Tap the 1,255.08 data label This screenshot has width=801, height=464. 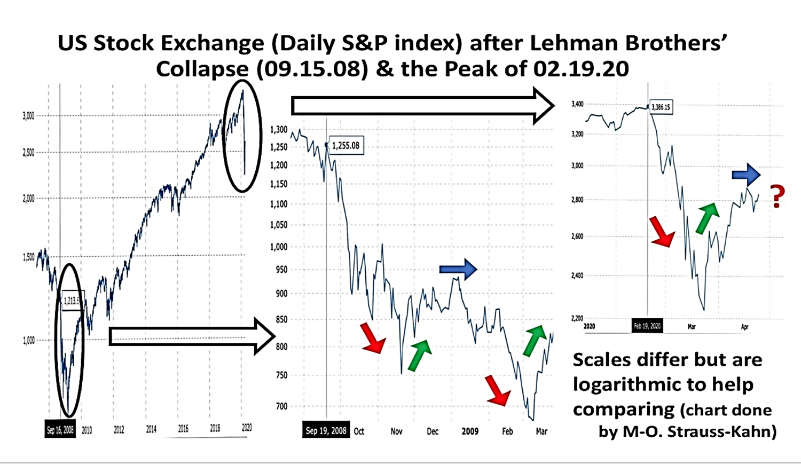click(x=345, y=145)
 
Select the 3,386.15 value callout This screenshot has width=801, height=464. click(x=661, y=107)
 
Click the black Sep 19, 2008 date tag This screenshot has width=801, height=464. click(x=326, y=430)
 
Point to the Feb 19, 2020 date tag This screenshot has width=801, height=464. click(x=647, y=326)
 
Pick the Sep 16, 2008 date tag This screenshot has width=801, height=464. click(x=60, y=429)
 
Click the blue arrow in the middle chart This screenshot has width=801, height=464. click(x=458, y=269)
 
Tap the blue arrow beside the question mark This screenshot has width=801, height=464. click(x=746, y=174)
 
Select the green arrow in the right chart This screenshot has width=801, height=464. click(x=707, y=218)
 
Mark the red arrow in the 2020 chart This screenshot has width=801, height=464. click(x=662, y=232)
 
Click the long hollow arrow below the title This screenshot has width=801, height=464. click(x=422, y=106)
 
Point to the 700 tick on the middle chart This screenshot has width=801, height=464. click(x=281, y=406)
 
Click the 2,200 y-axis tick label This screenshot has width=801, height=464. click(x=577, y=318)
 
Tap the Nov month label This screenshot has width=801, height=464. click(x=396, y=431)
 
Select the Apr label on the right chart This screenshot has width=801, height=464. click(x=744, y=327)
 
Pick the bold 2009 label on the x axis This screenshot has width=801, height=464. click(x=470, y=431)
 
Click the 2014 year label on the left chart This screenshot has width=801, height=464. click(x=151, y=429)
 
